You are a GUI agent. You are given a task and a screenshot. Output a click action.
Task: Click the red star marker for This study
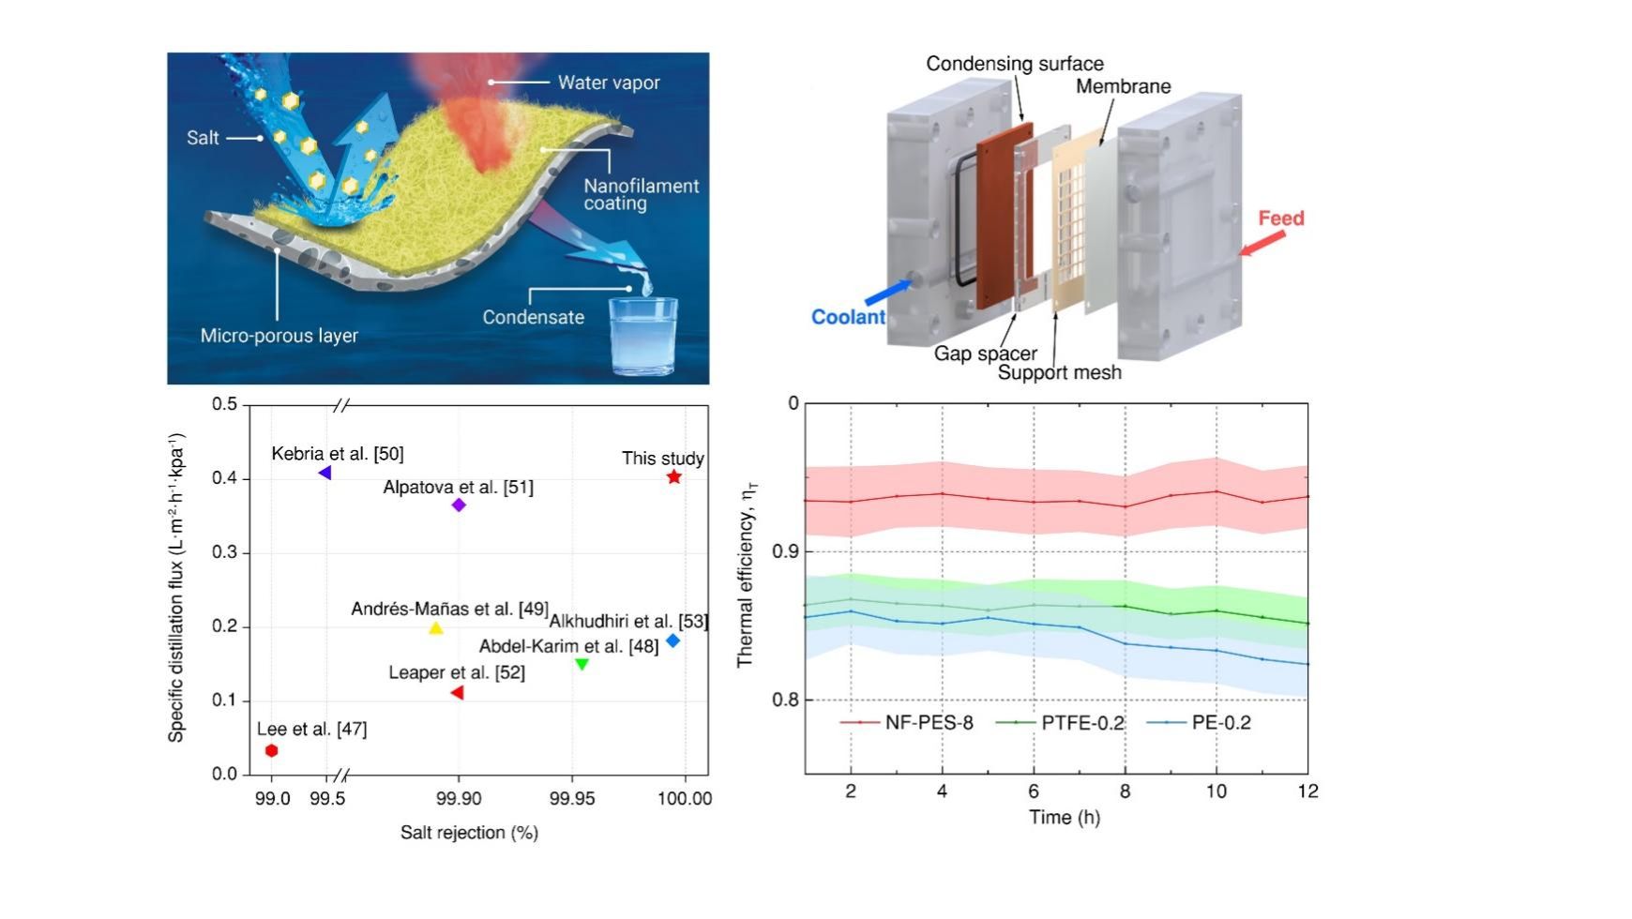pos(673,477)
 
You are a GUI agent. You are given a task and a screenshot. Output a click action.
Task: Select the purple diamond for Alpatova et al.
pos(459,505)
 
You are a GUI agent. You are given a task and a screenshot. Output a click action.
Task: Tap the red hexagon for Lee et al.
pos(271,750)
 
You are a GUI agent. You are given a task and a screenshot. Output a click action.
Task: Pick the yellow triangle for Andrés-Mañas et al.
pos(435,628)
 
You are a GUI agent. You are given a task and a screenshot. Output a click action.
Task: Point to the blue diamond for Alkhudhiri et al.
pos(672,640)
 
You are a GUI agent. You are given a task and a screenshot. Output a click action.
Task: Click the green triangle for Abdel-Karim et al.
pos(582,664)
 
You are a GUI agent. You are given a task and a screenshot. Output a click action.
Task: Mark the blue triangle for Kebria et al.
pos(325,473)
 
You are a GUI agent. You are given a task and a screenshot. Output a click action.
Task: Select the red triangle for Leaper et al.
pos(458,693)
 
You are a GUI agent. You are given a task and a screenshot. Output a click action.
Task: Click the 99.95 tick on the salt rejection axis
pos(572,798)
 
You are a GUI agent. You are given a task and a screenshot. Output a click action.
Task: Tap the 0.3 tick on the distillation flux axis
pos(224,552)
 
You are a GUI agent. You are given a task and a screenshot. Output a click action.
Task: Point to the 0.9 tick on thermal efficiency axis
pos(786,551)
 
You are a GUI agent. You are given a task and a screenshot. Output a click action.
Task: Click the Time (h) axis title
pos(1064,817)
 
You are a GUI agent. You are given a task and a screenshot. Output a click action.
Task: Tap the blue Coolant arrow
pos(885,292)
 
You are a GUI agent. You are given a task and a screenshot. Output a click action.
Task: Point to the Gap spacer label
pos(985,354)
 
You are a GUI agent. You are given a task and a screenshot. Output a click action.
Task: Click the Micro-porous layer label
pos(279,336)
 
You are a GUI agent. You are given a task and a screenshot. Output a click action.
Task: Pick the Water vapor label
pos(609,83)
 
